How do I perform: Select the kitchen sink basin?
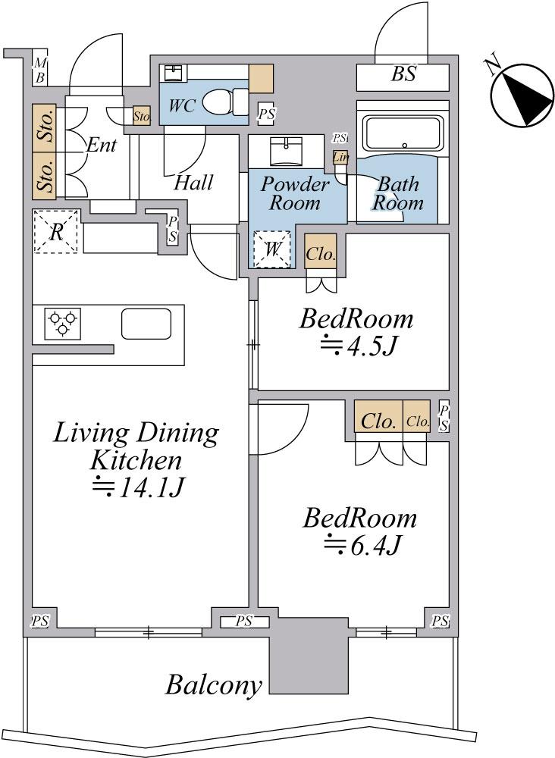146,324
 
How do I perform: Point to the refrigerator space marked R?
56,231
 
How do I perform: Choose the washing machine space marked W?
272,249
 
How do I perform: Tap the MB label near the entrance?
40,70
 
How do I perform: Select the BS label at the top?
403,74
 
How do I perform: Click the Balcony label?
213,685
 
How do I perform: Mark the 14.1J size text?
137,487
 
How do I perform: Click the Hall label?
193,183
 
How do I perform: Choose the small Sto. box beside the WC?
142,116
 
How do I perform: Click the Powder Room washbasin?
287,151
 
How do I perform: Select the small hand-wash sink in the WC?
173,73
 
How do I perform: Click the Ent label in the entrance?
101,145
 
